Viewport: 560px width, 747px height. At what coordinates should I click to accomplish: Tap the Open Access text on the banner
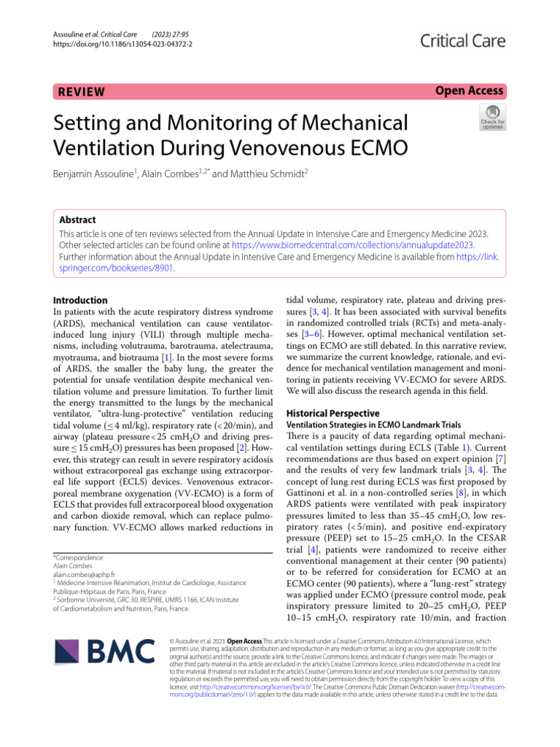click(x=470, y=90)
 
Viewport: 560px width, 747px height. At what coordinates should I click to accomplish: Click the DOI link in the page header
click(x=123, y=42)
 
